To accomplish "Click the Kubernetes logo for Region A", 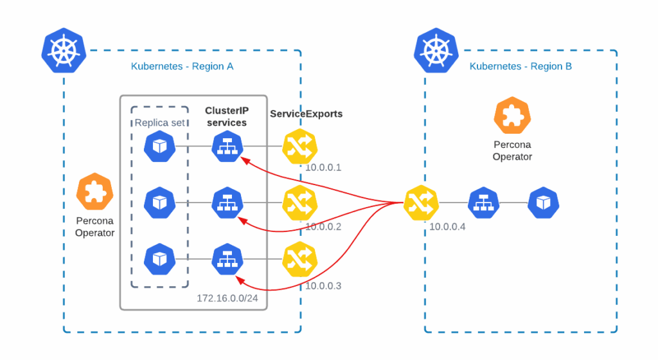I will (x=64, y=50).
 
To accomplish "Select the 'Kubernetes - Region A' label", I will (x=182, y=66).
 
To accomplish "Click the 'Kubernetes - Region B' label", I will (x=520, y=66).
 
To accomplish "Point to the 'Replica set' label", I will (x=159, y=123).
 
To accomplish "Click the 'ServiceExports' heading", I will (x=306, y=114).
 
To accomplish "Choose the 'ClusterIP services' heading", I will (x=226, y=116).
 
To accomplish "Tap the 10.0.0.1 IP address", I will (x=323, y=168).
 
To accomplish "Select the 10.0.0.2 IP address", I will (x=323, y=226).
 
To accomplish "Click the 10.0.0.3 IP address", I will (x=323, y=285).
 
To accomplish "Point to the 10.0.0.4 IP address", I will (x=447, y=226).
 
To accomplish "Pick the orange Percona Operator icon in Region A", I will (x=94, y=191).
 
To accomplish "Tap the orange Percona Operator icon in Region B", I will (x=512, y=115).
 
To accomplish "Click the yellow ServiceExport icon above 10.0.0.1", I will (x=300, y=146).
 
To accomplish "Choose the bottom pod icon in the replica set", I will (x=159, y=259).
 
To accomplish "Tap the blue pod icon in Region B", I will (x=544, y=203).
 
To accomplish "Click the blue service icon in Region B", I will (x=484, y=203).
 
